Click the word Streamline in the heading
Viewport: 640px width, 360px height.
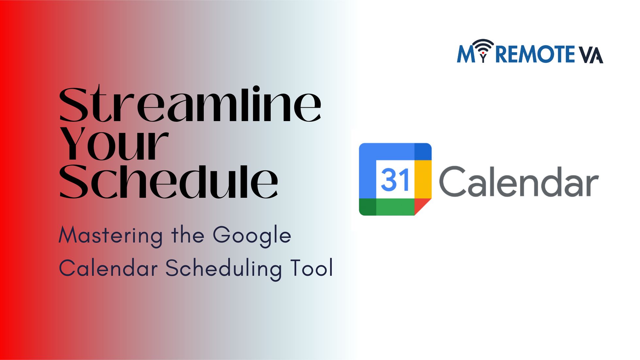tap(190, 104)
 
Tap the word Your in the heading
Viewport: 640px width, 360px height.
tap(114, 143)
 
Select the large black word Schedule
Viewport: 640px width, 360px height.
tap(168, 181)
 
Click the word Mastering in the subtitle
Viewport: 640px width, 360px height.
tap(111, 236)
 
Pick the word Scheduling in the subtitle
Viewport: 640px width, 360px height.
tap(224, 268)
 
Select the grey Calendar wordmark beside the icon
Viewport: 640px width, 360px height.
tap(519, 181)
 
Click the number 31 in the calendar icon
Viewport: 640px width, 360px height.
tap(395, 180)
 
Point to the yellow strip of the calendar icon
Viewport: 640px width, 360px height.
tap(423, 179)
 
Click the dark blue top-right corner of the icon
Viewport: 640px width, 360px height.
tap(423, 152)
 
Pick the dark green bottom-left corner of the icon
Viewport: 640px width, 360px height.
tap(368, 207)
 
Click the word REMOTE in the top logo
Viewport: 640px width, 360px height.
tap(535, 54)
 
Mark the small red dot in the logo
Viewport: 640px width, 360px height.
tap(483, 53)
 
